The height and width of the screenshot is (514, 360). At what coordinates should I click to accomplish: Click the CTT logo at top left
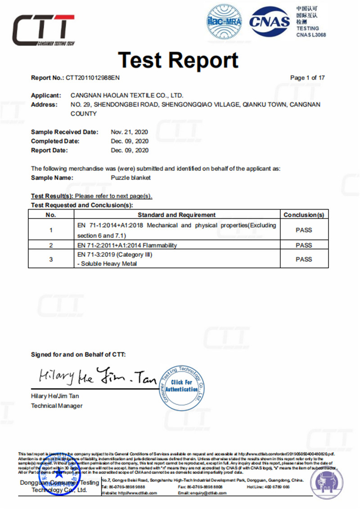pos(43,30)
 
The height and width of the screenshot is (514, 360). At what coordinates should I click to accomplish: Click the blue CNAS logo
pos(270,21)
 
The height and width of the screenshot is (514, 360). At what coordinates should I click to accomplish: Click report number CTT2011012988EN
pos(93,78)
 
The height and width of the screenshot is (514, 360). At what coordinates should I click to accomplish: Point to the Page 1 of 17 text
pos(307,78)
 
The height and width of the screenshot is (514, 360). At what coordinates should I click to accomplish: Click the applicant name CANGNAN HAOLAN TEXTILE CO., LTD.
pos(127,95)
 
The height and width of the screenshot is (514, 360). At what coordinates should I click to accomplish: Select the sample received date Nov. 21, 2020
pos(130,132)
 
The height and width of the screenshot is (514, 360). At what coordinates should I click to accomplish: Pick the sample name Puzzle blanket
pos(130,178)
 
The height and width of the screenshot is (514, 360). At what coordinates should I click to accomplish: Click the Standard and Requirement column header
pos(176,215)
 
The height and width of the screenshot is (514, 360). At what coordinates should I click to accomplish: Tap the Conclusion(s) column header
pos(304,215)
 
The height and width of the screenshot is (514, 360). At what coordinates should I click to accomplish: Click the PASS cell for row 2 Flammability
pos(304,245)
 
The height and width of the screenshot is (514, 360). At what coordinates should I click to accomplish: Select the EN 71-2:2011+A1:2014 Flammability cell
pos(127,246)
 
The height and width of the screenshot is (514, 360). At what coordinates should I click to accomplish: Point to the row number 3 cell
pos(51,259)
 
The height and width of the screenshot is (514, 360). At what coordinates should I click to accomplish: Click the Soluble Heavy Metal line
pos(107,264)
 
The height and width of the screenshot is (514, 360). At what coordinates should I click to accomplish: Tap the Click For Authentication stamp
pos(182,385)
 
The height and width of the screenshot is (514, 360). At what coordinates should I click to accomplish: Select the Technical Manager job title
pos(57,406)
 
